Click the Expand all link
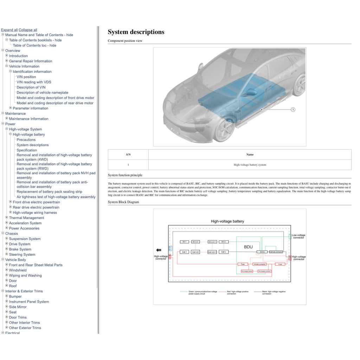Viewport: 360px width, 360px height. click(9, 30)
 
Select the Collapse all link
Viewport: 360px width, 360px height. click(28, 30)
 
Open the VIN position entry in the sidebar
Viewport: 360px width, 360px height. click(26, 77)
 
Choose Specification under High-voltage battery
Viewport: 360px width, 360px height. click(27, 150)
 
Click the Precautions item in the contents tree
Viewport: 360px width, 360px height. click(26, 140)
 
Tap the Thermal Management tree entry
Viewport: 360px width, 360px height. click(26, 218)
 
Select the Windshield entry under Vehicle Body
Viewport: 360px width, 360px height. click(18, 270)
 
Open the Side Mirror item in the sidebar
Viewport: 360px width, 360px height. click(18, 307)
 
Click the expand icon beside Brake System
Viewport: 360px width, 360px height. click(6, 249)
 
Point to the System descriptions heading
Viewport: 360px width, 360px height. click(136, 32)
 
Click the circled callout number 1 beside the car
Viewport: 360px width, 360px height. click(293, 110)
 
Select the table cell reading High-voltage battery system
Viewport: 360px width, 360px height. click(250, 165)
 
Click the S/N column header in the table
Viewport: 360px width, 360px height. click(128, 154)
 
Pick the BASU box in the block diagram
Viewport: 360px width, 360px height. click(262, 252)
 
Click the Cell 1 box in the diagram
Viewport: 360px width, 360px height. click(184, 252)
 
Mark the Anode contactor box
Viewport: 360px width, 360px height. click(260, 264)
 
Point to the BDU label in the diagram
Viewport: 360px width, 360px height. click(248, 247)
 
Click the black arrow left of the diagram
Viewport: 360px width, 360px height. click(158, 250)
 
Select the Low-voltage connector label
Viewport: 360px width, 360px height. click(298, 236)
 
